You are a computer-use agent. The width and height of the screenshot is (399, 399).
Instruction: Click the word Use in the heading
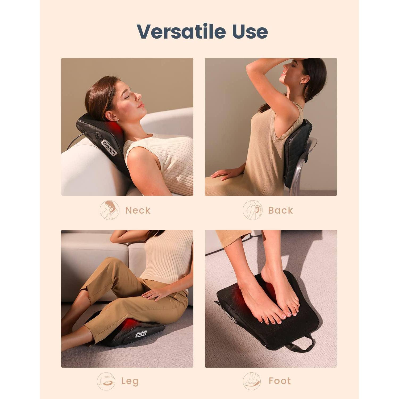[250, 31]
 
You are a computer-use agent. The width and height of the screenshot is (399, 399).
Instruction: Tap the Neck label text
[138, 210]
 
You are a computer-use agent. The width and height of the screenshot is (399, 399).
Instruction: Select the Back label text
[280, 210]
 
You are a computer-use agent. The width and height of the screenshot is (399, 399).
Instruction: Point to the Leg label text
[130, 381]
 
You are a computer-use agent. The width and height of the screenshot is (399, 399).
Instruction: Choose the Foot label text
[280, 381]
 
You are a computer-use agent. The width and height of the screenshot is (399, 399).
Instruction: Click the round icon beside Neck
[109, 210]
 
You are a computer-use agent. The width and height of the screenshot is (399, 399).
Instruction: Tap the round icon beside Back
[252, 210]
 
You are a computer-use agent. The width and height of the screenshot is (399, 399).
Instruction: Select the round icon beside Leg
[106, 381]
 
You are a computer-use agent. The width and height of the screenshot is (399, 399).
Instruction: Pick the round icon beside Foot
[252, 381]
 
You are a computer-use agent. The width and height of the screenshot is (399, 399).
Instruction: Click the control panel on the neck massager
[109, 148]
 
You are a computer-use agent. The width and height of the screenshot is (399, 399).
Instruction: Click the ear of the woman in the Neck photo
[111, 117]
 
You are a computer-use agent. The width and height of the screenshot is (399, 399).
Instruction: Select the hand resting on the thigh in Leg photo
[157, 293]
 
